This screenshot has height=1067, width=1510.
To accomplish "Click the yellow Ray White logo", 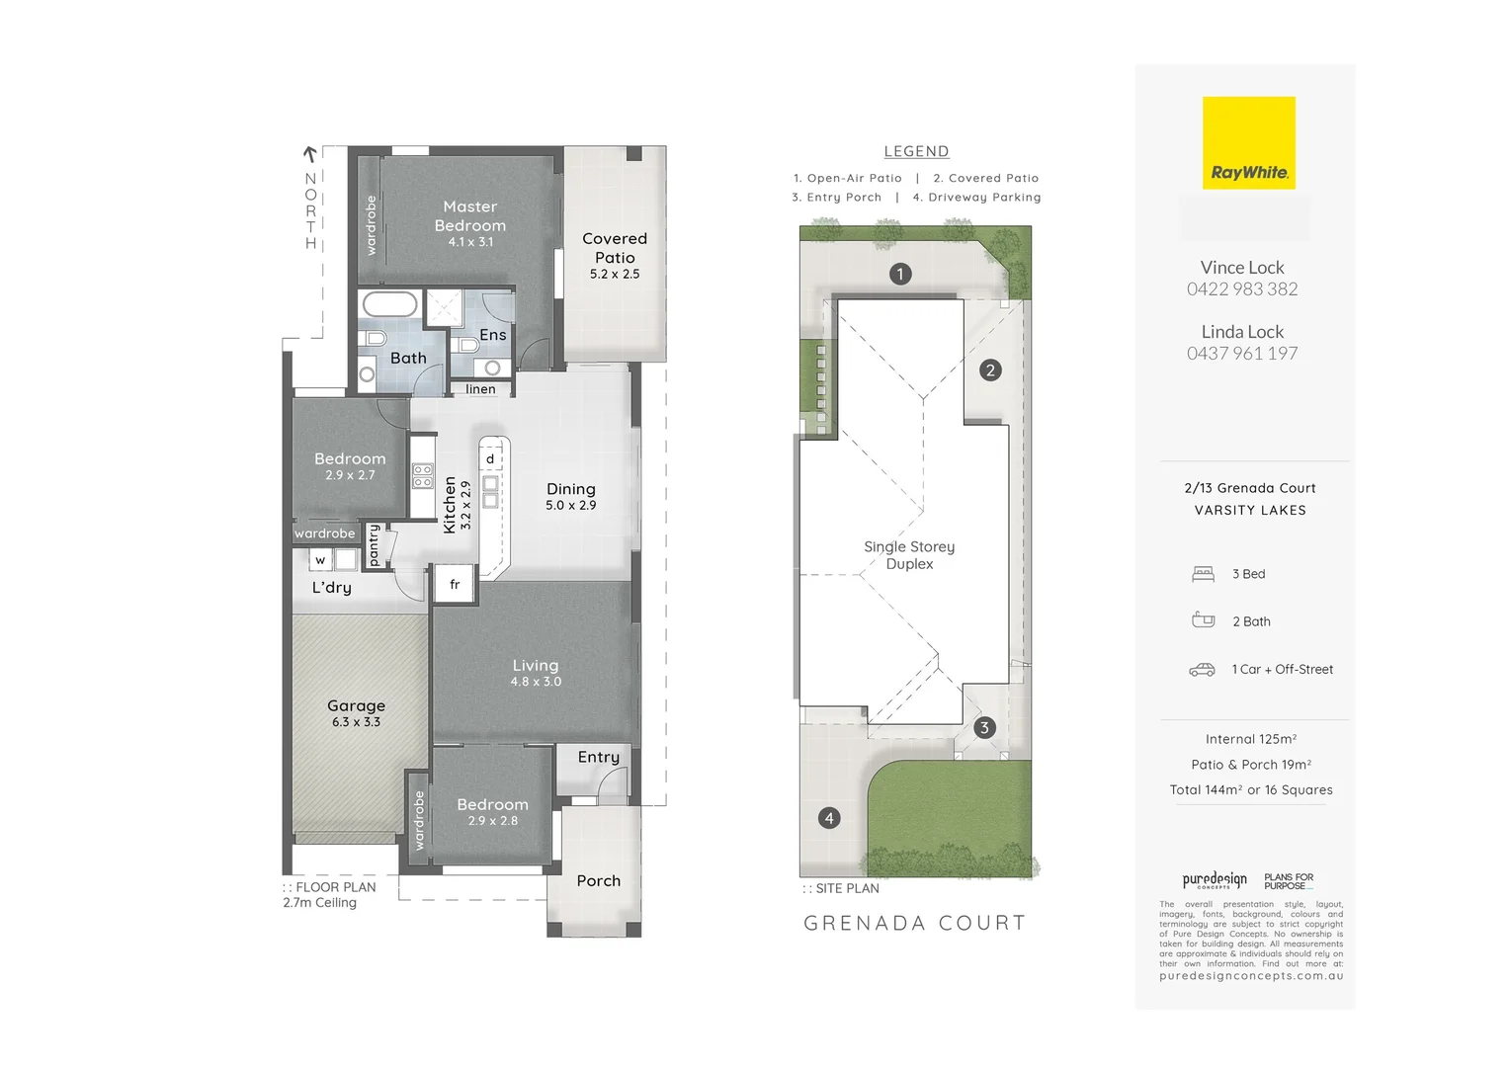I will point(1248,143).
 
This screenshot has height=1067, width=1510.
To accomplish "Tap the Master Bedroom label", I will point(470,215).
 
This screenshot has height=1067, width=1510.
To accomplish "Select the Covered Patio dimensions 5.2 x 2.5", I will point(615,275).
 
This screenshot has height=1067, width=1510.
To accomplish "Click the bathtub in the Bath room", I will point(389,303).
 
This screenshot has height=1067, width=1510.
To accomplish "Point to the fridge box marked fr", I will point(455,584).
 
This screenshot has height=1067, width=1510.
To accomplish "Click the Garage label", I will point(356,705).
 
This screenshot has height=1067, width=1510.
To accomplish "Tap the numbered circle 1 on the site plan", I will point(899,274).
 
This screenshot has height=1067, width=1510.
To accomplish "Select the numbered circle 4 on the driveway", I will point(829,818).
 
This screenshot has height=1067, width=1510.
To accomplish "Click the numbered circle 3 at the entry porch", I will point(983,728).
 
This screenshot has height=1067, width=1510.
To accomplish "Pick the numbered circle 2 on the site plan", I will point(990,370).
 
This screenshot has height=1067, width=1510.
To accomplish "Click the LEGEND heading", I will point(916,151).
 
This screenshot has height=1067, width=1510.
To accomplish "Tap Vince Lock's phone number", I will point(1242,289).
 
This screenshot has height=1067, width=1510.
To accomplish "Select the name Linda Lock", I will point(1242,332).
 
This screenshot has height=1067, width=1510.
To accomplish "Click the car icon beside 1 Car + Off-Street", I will point(1202,670).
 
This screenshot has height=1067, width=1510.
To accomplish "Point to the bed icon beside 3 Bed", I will point(1203,574).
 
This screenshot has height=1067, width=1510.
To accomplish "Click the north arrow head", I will point(309,154).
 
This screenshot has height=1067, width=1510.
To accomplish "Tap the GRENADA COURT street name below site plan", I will point(914,923).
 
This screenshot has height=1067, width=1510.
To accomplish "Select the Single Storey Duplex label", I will point(909,555).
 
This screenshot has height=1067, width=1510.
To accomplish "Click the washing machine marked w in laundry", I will point(320,560).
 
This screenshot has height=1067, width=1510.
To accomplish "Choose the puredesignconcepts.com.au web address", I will point(1251,976).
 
